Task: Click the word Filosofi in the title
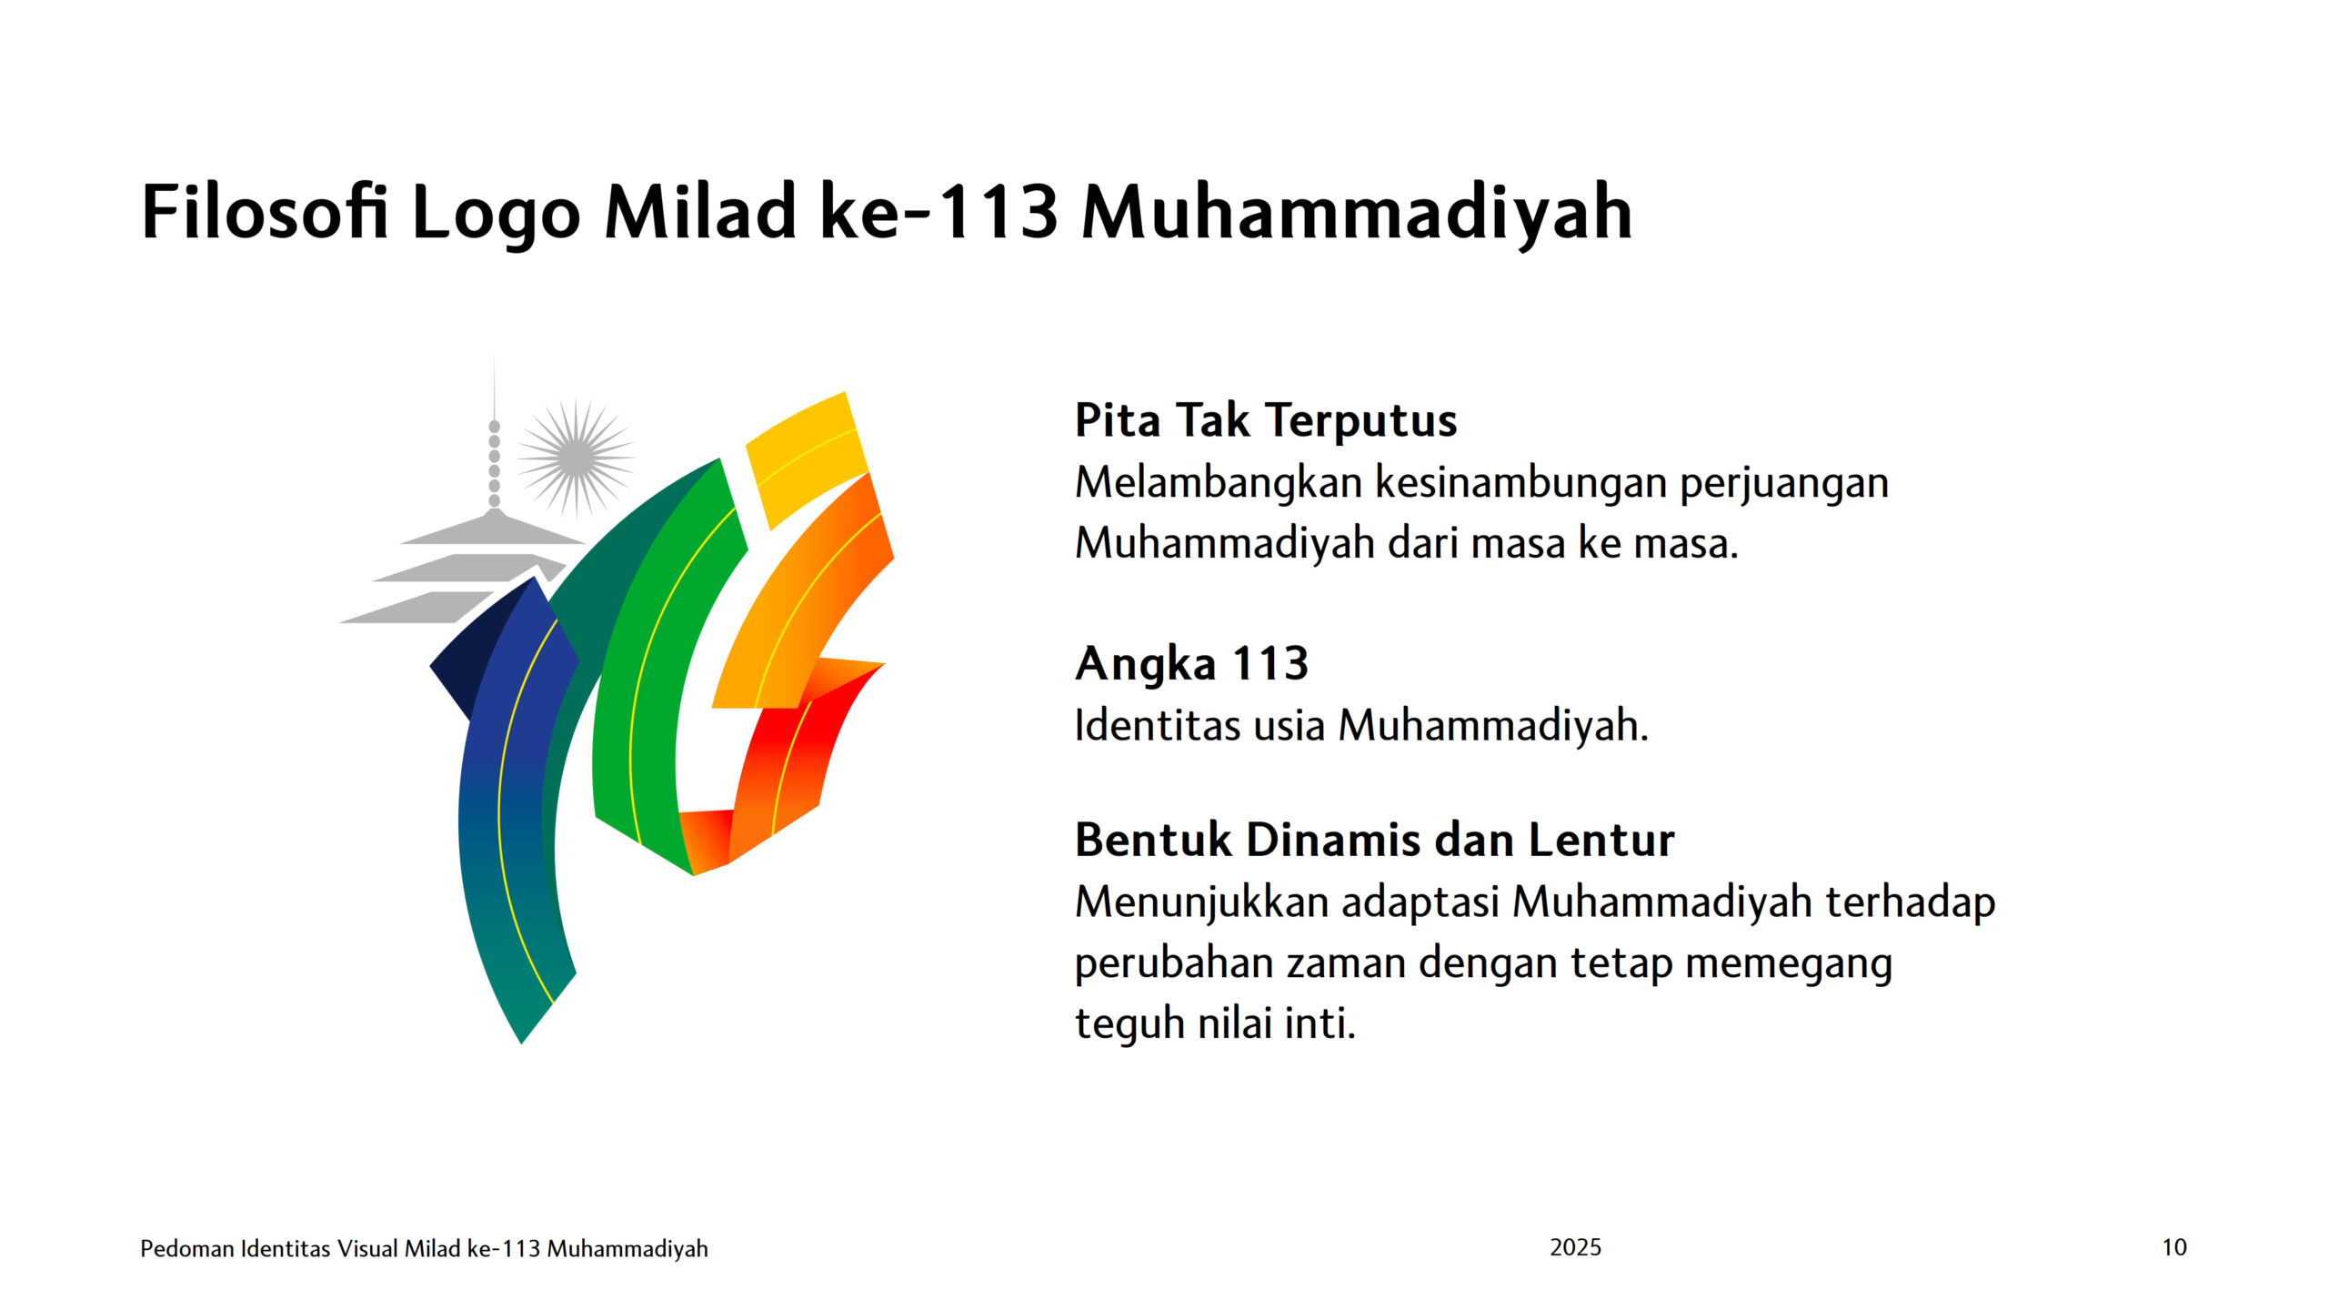(x=265, y=212)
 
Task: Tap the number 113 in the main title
(x=997, y=212)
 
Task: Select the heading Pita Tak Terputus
(x=1266, y=421)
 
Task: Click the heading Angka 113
(x=1191, y=663)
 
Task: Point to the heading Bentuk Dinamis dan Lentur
(x=1374, y=839)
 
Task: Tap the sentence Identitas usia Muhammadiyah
(x=1361, y=726)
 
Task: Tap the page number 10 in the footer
(x=2174, y=1247)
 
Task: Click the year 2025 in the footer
(x=1576, y=1247)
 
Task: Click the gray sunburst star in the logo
(x=576, y=457)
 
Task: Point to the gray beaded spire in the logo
(x=495, y=464)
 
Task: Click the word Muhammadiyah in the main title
(x=1357, y=214)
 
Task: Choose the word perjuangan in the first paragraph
(x=1784, y=483)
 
